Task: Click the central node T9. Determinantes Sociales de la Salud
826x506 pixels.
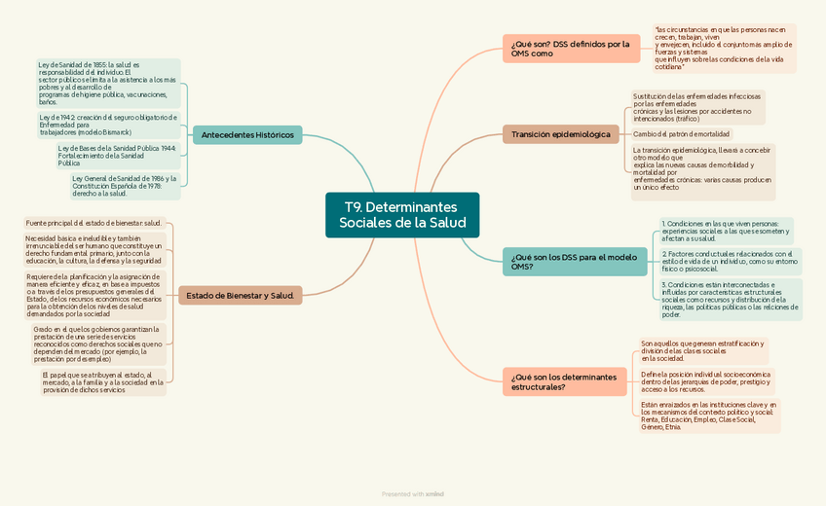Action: (x=402, y=215)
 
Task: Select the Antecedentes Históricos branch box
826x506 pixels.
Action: (x=246, y=135)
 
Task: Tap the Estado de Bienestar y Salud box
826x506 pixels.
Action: (x=240, y=295)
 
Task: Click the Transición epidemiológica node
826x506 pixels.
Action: (x=560, y=134)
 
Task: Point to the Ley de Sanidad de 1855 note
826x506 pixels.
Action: (x=107, y=83)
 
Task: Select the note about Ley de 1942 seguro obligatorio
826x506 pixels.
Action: (x=107, y=125)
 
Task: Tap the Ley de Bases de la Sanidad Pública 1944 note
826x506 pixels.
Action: (x=117, y=156)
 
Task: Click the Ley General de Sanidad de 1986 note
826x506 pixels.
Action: (x=124, y=186)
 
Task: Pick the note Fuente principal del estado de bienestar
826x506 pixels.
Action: (x=94, y=223)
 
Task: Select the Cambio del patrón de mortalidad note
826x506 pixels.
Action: (x=681, y=134)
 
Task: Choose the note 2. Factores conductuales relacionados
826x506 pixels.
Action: (x=729, y=261)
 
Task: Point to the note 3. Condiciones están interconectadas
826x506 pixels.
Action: (x=730, y=300)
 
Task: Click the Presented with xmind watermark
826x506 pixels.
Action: (x=413, y=494)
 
